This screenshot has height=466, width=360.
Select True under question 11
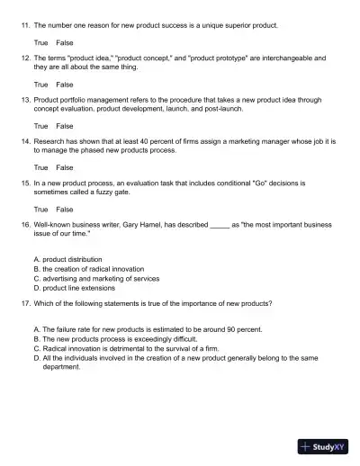tap(40, 42)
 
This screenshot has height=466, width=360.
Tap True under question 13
tap(40, 126)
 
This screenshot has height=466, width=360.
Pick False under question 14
tap(65, 167)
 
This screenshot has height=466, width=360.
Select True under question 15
tap(40, 209)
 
